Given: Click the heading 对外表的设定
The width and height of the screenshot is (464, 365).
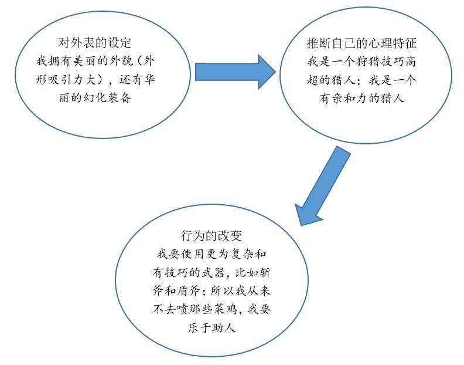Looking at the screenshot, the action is [95, 43].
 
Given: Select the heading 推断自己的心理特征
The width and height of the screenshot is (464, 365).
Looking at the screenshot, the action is [361, 43].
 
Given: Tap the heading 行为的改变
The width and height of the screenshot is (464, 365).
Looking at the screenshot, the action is [211, 236].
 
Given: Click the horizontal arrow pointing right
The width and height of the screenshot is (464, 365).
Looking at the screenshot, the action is [236, 72].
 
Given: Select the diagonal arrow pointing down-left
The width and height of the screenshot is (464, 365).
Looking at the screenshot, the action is [323, 185].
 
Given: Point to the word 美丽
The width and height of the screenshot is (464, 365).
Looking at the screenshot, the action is [85, 62].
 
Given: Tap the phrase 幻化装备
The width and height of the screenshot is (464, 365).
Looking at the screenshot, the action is [107, 98].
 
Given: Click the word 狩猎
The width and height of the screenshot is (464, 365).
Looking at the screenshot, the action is [369, 62].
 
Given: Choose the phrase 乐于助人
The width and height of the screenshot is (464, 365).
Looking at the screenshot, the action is [211, 328].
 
